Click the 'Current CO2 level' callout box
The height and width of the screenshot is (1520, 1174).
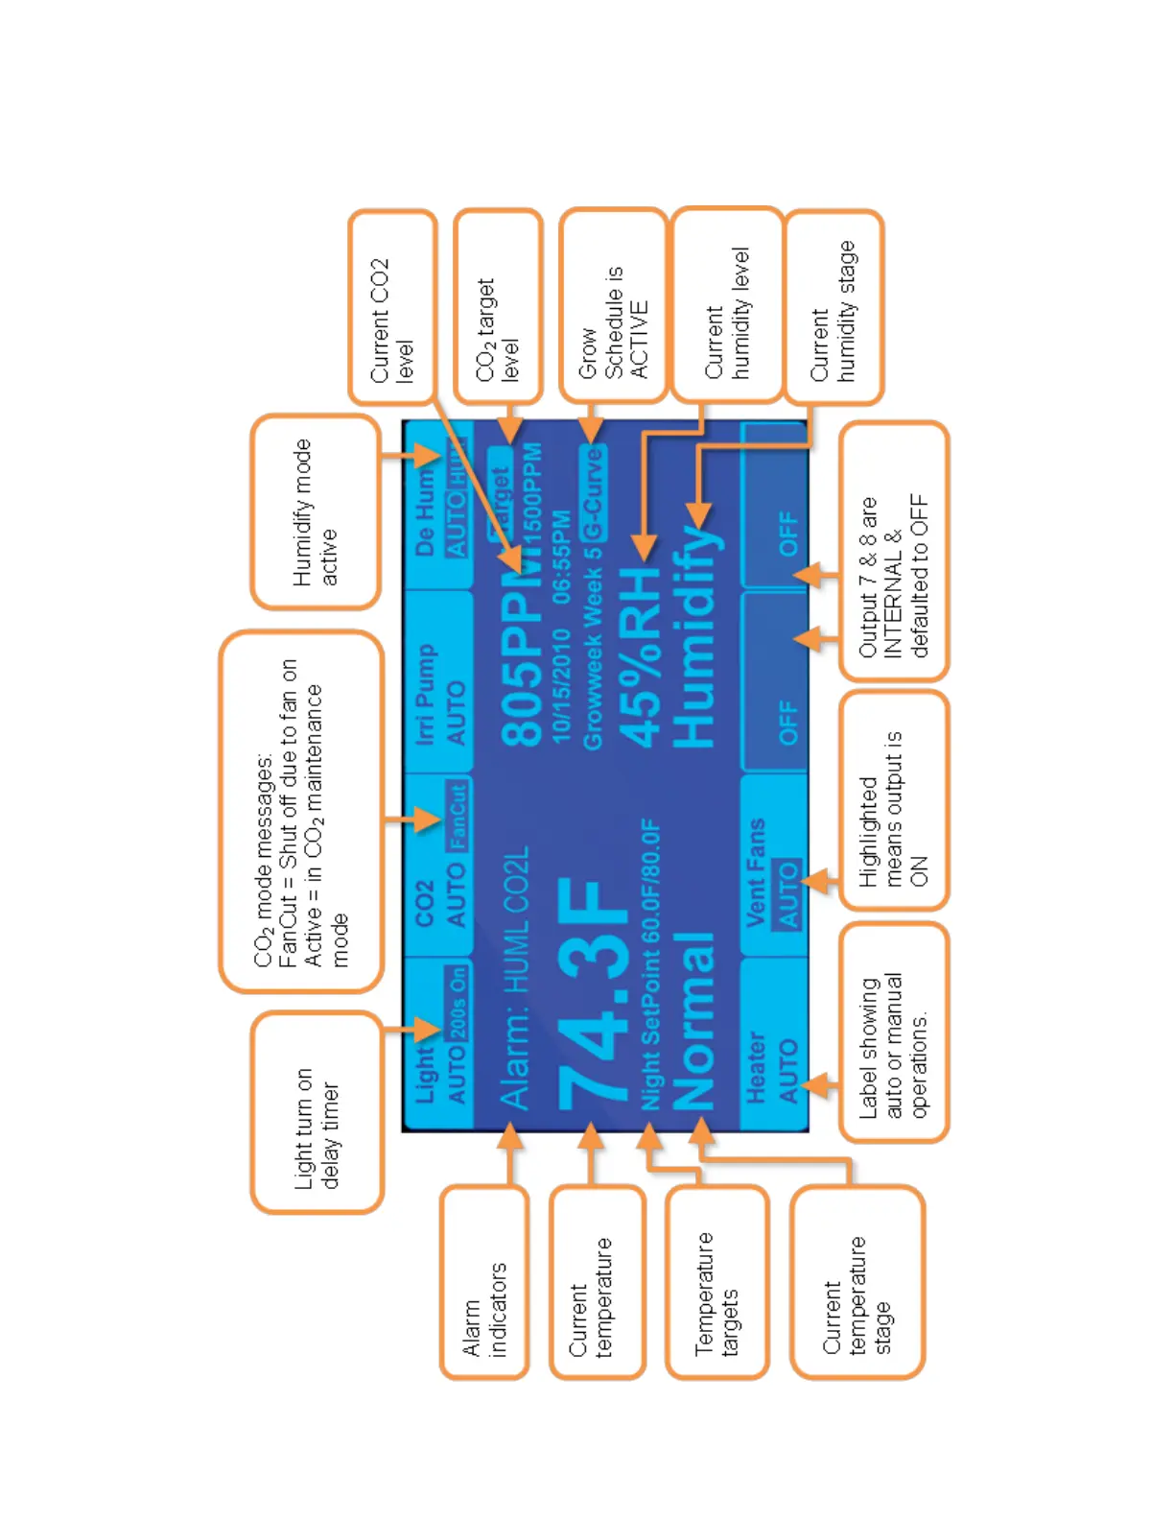click(393, 307)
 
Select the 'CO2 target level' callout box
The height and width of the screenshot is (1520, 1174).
click(498, 307)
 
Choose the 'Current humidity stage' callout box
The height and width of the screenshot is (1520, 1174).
click(834, 307)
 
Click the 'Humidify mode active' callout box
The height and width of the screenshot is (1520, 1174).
click(316, 511)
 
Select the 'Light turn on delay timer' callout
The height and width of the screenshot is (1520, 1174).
click(317, 1112)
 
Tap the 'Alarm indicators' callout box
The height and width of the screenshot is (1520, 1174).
click(484, 1282)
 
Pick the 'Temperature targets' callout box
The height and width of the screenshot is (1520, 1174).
click(717, 1282)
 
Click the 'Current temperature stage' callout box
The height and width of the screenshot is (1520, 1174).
click(857, 1282)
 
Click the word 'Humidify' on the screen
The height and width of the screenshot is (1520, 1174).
click(694, 638)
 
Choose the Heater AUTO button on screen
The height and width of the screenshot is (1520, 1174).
click(773, 1046)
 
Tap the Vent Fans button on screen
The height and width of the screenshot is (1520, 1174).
click(773, 868)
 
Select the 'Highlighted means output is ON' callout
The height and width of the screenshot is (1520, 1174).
click(894, 800)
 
